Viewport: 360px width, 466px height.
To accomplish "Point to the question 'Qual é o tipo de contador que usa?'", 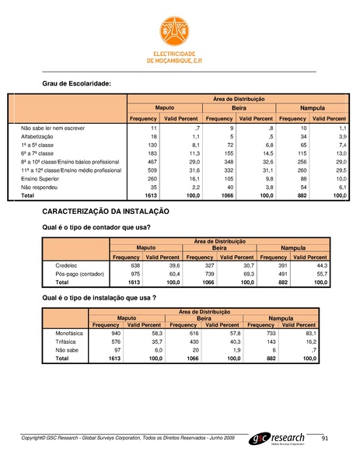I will click(96, 227).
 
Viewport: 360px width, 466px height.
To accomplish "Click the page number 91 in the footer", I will click(325, 440).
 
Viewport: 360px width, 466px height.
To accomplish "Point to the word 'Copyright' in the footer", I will click(36, 440).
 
